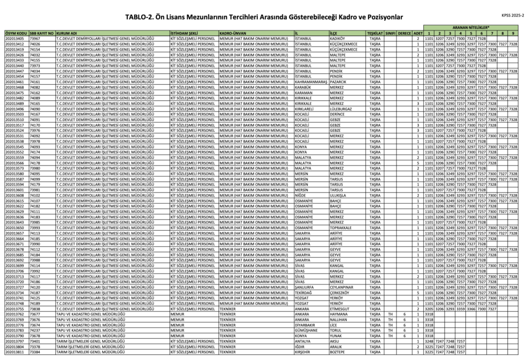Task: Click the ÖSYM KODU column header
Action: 15,33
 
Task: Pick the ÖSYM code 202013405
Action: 14,38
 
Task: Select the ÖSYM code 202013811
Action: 14,352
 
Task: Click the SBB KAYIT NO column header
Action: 42,33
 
